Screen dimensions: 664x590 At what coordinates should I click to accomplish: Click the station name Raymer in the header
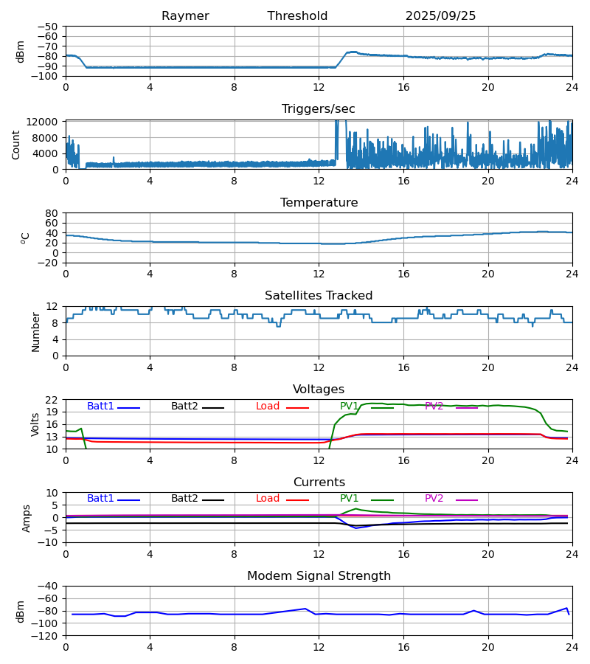click(185, 16)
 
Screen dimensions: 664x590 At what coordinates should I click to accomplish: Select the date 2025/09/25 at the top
click(440, 16)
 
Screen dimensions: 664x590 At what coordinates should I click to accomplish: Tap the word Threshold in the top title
click(297, 16)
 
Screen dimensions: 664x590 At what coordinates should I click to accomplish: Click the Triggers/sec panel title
click(319, 109)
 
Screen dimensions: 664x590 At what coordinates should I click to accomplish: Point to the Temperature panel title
click(319, 203)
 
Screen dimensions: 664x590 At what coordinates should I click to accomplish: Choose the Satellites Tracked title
click(319, 296)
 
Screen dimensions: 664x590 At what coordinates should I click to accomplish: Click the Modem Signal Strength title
click(319, 576)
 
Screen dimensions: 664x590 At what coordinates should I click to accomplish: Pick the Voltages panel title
click(319, 390)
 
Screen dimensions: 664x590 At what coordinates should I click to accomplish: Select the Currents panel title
click(319, 483)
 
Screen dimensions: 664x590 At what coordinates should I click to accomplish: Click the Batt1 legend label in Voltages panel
click(101, 407)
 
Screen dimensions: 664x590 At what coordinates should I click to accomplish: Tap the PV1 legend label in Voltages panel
click(353, 407)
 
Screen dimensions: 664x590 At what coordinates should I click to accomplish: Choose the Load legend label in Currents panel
click(268, 499)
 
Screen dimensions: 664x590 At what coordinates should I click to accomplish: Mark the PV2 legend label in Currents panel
click(438, 499)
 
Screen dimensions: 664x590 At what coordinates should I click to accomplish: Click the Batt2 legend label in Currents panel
click(184, 499)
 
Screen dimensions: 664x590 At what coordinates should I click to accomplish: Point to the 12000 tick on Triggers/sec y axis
click(46, 122)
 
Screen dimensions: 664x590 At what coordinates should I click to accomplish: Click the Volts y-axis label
click(35, 424)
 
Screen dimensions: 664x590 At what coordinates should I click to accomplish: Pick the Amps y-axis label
click(27, 518)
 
